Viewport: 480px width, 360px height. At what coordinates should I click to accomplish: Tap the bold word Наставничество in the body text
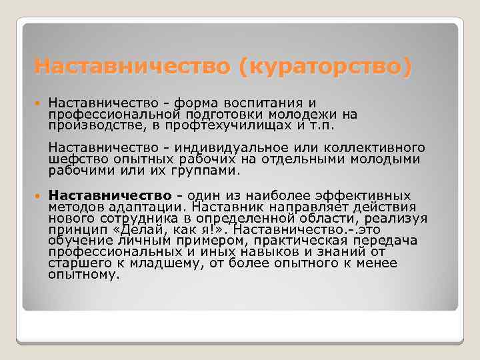pos(111,195)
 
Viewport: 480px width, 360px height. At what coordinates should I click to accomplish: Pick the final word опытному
pos(84,274)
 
